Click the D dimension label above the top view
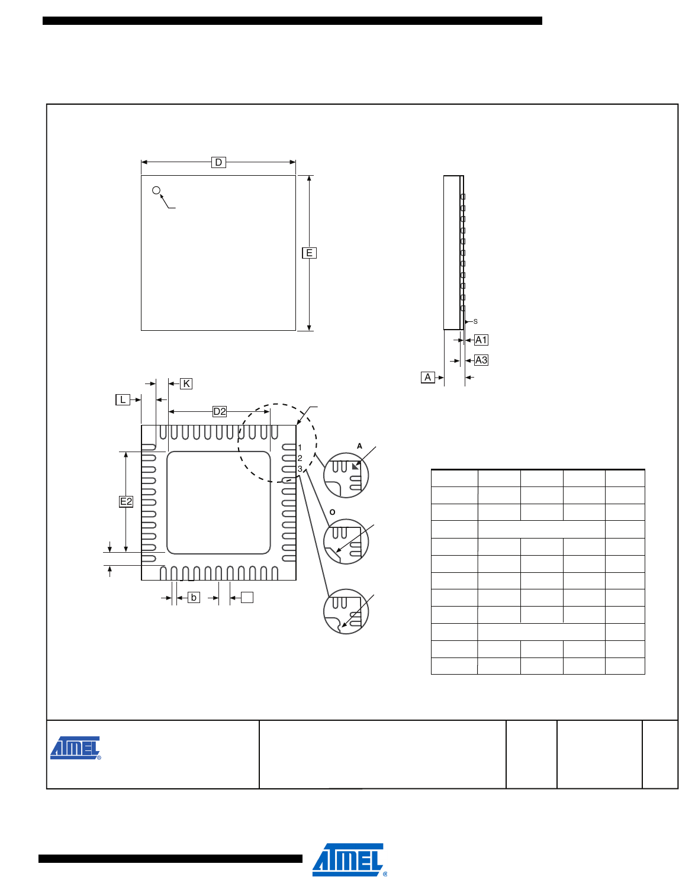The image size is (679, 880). [218, 162]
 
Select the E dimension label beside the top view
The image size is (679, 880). [310, 253]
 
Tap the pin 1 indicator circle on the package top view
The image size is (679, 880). [156, 191]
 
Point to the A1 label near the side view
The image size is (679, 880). [481, 340]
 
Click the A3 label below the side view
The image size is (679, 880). [481, 360]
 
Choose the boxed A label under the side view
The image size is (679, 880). [427, 378]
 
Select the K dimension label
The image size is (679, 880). [186, 384]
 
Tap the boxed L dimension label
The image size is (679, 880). [123, 400]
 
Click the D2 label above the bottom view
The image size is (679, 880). [220, 412]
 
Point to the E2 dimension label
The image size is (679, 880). [126, 502]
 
